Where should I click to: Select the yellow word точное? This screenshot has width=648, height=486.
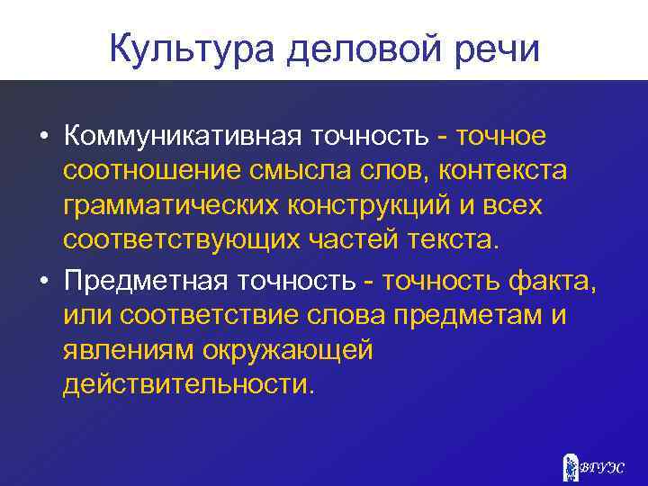[501, 136]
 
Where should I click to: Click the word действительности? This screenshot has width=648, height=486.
[190, 385]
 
